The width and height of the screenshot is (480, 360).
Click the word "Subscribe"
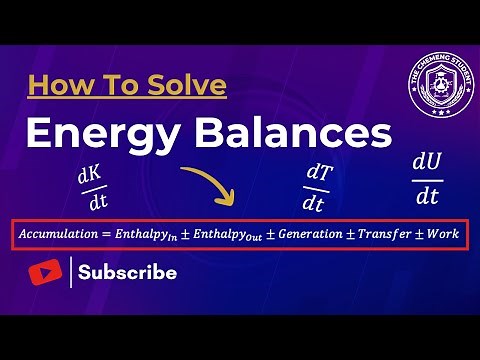pyautogui.click(x=128, y=272)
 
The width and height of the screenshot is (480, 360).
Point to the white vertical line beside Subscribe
pyautogui.click(x=70, y=272)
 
